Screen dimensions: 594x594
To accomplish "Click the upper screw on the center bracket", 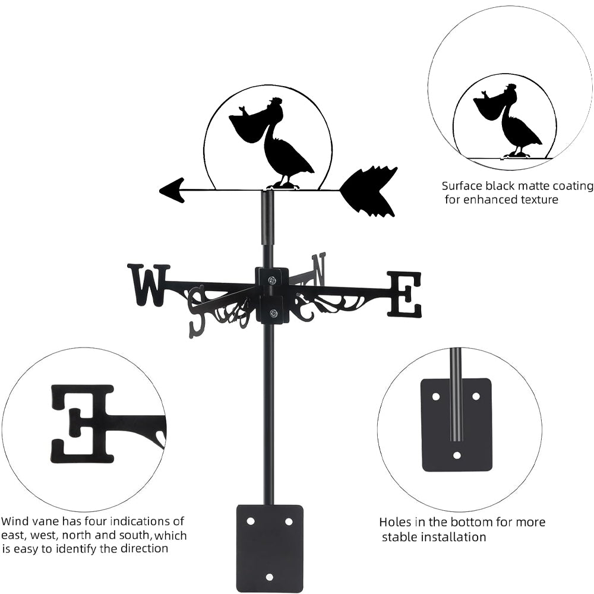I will pos(271,280).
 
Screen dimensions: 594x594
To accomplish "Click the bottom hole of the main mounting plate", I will pos(269,577).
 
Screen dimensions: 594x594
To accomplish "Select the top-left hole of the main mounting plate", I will pos(250,522).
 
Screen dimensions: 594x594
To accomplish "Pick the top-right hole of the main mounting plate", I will pos(289,522).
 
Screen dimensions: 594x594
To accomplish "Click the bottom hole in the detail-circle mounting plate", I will pos(457,456).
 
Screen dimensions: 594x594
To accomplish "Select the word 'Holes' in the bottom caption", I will pos(394,523).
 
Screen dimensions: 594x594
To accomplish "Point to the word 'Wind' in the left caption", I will pos(13,522).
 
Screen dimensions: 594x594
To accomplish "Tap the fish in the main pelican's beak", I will pos(242,111).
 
